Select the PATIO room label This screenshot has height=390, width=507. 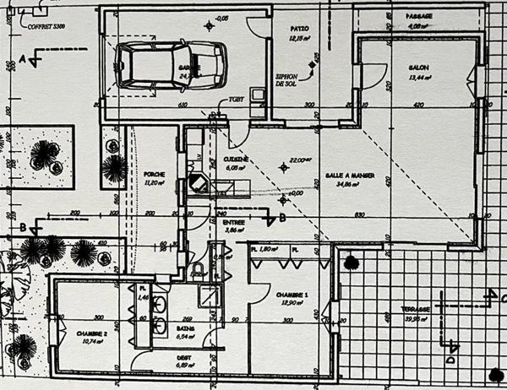click(298, 28)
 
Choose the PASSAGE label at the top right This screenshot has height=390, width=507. click(419, 16)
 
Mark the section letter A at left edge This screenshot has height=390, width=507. click(23, 57)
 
